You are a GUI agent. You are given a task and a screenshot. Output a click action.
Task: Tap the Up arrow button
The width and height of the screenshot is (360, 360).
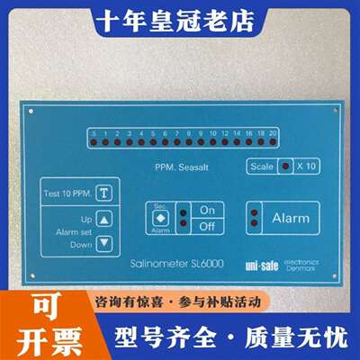[x=105, y=219]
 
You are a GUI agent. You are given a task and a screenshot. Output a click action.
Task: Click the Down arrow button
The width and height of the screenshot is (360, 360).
[x=105, y=242]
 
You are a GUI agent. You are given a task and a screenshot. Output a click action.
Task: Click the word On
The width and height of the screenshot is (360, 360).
[x=207, y=210]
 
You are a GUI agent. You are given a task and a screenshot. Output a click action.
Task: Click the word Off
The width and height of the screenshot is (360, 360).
[x=207, y=225]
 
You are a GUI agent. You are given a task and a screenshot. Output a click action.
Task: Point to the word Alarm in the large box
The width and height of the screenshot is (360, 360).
[x=291, y=218]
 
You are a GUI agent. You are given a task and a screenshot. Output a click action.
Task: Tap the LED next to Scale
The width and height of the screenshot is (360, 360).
[x=286, y=166]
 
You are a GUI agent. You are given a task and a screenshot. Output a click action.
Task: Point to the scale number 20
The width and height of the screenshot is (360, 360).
[x=273, y=133]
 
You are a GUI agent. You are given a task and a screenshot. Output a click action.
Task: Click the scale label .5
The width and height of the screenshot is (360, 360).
[x=93, y=133]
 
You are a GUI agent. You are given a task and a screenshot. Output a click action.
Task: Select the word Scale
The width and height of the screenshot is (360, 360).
[x=263, y=166]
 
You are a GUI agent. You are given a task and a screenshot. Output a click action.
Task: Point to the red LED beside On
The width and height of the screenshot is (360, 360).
[x=183, y=211]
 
